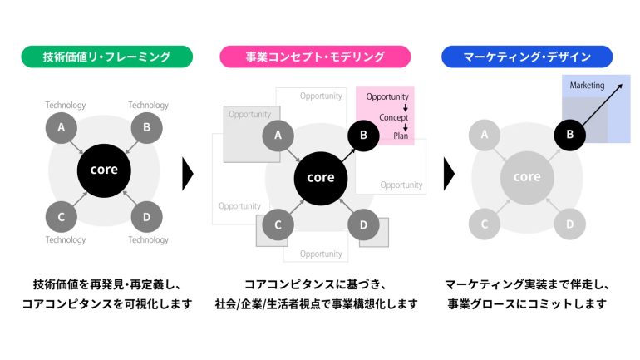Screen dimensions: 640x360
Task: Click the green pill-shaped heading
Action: (107, 57)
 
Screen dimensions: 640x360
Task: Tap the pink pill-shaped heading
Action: (315, 57)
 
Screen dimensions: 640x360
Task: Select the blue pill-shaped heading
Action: (527, 57)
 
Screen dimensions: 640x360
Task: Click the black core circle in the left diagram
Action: (104, 170)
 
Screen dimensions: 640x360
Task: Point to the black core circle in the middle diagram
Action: (321, 178)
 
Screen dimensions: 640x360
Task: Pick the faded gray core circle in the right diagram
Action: (527, 178)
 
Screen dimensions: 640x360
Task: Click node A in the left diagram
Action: (62, 128)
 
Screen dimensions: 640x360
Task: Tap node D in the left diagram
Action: (146, 217)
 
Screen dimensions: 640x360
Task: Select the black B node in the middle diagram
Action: (363, 136)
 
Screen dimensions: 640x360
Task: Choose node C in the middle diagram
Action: (278, 224)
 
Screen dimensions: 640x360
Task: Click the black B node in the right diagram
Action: (570, 135)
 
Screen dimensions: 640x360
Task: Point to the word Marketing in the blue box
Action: (587, 86)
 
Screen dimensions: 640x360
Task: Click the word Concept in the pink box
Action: (393, 117)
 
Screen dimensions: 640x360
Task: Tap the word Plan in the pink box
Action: (401, 136)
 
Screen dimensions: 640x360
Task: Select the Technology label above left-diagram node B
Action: (148, 106)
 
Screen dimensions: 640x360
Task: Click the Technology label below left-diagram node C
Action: (66, 239)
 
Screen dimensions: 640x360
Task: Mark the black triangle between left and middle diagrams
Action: (187, 174)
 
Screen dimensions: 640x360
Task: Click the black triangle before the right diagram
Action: (449, 174)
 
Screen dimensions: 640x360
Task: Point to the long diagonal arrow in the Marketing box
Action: (602, 105)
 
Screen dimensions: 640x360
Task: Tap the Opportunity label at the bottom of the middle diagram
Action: (321, 254)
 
